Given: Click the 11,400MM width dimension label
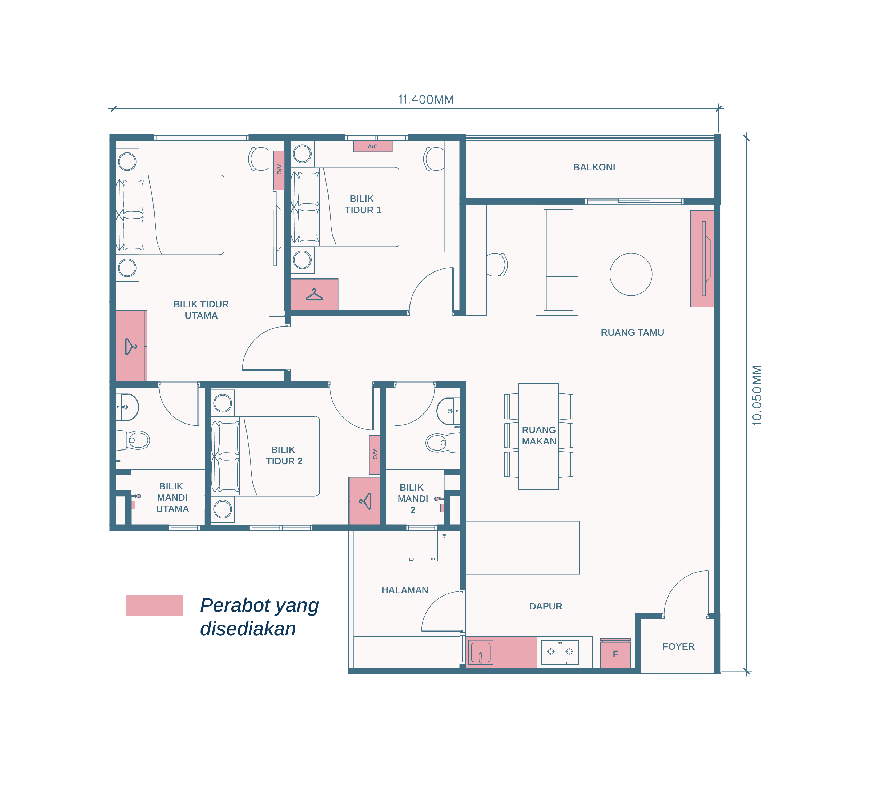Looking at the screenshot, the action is click(x=426, y=100).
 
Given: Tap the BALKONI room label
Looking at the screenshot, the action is click(x=594, y=167).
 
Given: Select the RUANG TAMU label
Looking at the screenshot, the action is click(x=632, y=332).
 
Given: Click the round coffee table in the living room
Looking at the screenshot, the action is click(x=631, y=274).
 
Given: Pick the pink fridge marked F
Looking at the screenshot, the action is click(x=615, y=654).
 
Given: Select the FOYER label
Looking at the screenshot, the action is click(x=678, y=647).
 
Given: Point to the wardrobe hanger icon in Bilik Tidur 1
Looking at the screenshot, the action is click(x=314, y=295).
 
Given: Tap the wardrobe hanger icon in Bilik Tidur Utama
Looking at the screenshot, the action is click(x=131, y=347).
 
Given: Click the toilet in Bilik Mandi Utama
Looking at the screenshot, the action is click(x=133, y=440).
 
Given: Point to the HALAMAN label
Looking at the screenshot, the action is click(x=405, y=590).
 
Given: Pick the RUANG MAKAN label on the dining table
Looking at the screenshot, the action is click(x=539, y=435).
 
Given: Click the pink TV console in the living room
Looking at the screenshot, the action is click(x=702, y=259).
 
